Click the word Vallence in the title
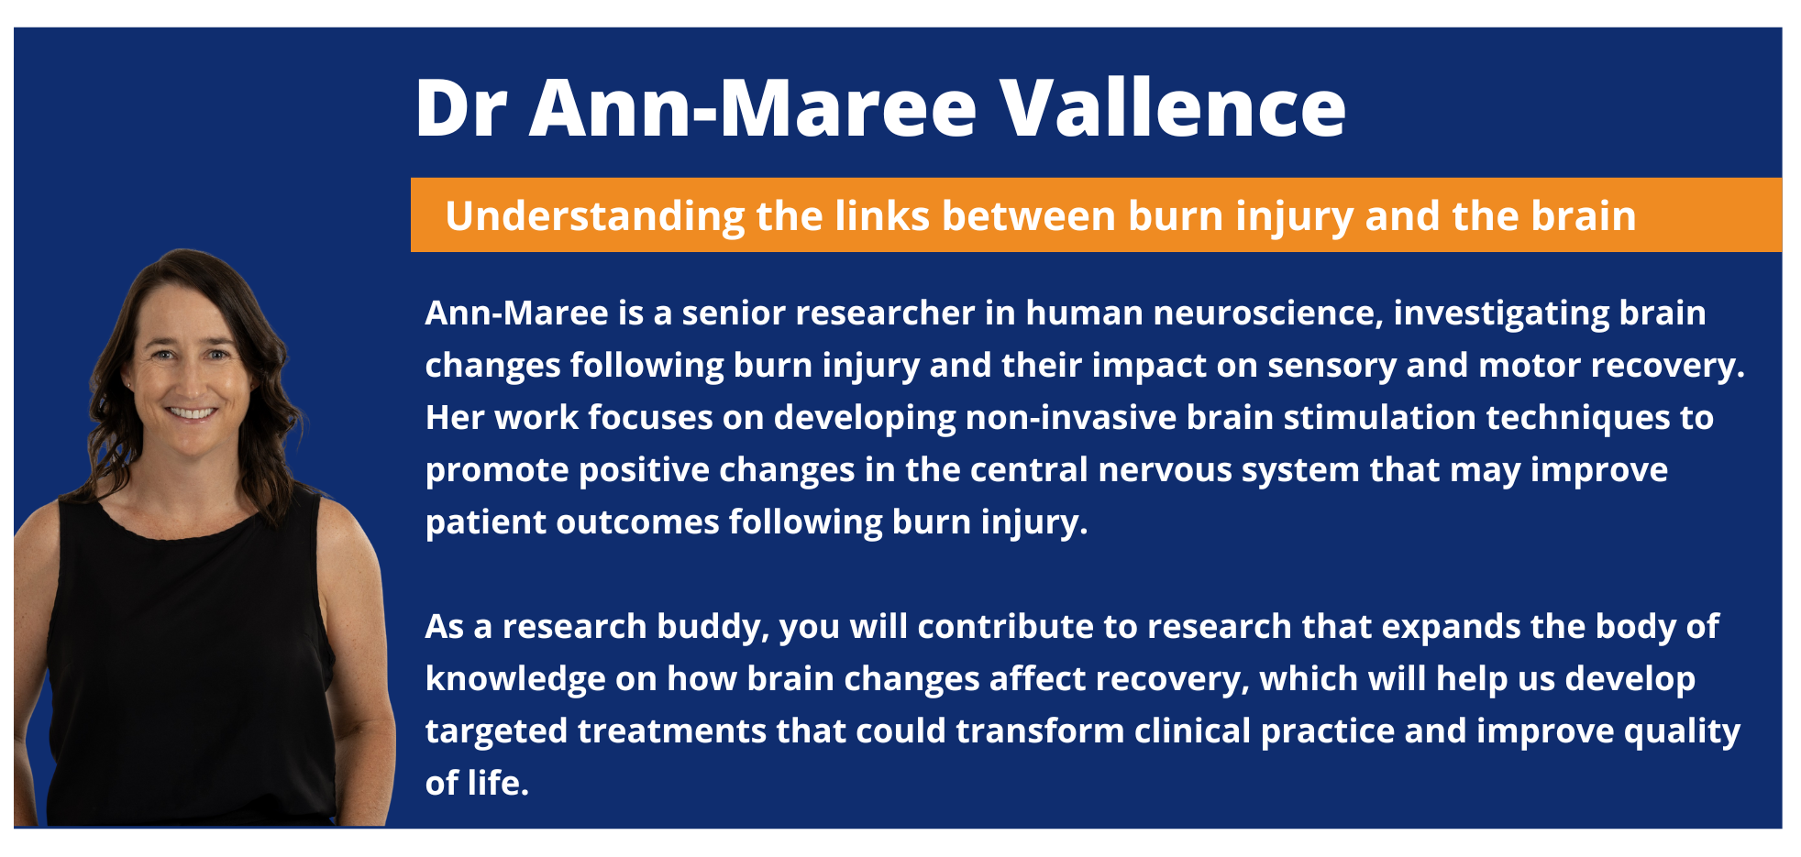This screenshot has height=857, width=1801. [x=1173, y=107]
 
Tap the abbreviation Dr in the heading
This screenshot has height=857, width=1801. [x=460, y=108]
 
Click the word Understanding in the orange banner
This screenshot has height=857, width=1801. [x=595, y=217]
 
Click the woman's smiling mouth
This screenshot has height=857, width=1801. [x=192, y=413]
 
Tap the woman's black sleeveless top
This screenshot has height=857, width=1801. [x=188, y=660]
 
